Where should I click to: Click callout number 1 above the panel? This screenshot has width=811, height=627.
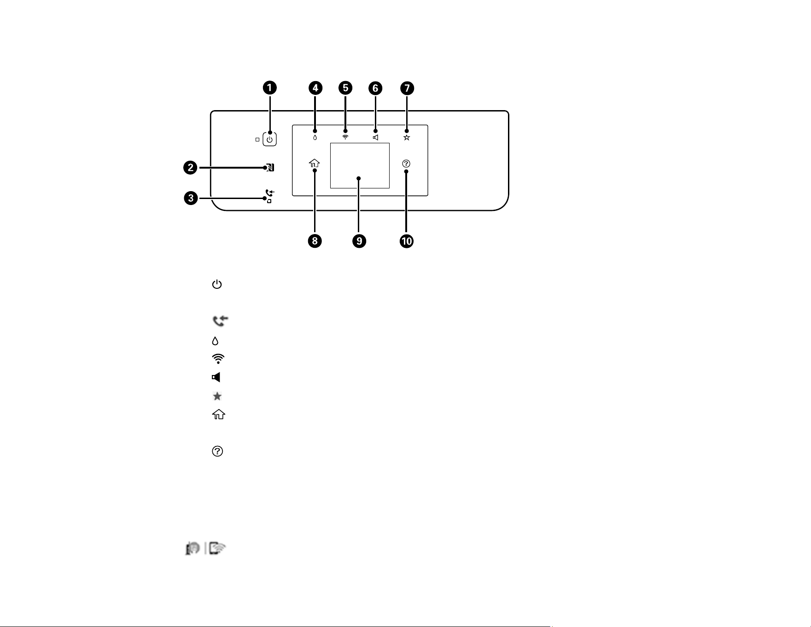click(x=270, y=88)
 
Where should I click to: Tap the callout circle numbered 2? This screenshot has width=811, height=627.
click(x=191, y=168)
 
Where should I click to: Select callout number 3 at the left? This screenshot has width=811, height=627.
click(x=191, y=199)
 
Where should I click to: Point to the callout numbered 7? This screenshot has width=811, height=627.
click(x=407, y=88)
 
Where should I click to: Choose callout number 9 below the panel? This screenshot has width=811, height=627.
click(x=359, y=241)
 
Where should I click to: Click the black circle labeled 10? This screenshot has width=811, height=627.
click(x=407, y=241)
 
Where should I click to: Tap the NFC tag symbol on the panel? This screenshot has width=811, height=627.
click(x=270, y=168)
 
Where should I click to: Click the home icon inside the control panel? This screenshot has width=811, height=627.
click(x=314, y=163)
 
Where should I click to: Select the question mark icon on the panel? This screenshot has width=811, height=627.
click(x=406, y=164)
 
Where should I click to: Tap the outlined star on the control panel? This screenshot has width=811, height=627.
click(x=407, y=137)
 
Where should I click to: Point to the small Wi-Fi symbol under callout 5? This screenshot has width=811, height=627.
click(x=345, y=137)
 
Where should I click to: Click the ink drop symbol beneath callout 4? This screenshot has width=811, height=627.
click(x=315, y=137)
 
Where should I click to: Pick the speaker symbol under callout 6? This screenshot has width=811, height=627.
click(x=376, y=137)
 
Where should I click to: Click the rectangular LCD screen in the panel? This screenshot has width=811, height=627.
click(x=360, y=165)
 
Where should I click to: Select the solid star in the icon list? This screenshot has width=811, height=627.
click(x=217, y=396)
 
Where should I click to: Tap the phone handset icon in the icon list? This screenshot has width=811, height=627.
click(x=221, y=321)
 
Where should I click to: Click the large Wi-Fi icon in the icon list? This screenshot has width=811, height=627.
click(x=218, y=359)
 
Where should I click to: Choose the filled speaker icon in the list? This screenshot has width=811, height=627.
click(x=216, y=377)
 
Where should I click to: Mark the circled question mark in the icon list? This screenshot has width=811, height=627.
click(x=217, y=451)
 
